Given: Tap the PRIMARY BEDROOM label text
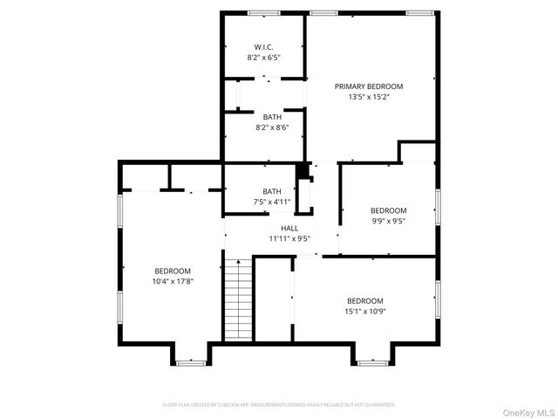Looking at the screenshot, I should (x=370, y=86).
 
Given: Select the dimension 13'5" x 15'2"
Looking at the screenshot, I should (x=370, y=96).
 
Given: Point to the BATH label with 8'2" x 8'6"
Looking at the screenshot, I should (x=272, y=117).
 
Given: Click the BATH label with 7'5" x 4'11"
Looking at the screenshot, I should (x=272, y=191).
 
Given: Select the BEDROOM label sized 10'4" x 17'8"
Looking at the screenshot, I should (x=173, y=271).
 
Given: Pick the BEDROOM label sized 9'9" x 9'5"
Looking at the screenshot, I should (x=388, y=210).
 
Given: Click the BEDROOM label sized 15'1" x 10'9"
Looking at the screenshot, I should (x=364, y=300).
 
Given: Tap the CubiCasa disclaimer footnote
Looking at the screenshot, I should (x=279, y=405).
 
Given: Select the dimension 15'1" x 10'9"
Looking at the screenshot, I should (x=364, y=312).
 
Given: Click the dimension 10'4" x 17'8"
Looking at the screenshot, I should (x=173, y=282).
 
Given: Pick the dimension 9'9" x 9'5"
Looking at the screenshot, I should (x=388, y=222).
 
